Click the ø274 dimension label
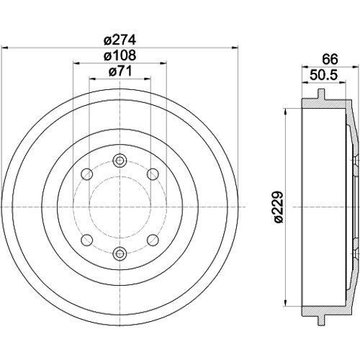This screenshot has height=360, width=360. (120, 40)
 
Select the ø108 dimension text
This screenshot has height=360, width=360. (120, 55)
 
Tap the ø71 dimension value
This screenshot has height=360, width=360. (120, 71)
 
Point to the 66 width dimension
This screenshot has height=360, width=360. (330, 59)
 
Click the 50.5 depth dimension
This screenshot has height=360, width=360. (324, 75)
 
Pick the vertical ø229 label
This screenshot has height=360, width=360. (279, 207)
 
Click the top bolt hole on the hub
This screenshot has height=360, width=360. (120, 160)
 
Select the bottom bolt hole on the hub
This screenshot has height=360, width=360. (120, 253)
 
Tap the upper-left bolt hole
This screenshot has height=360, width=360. (87, 174)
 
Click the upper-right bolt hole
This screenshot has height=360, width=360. (153, 174)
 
